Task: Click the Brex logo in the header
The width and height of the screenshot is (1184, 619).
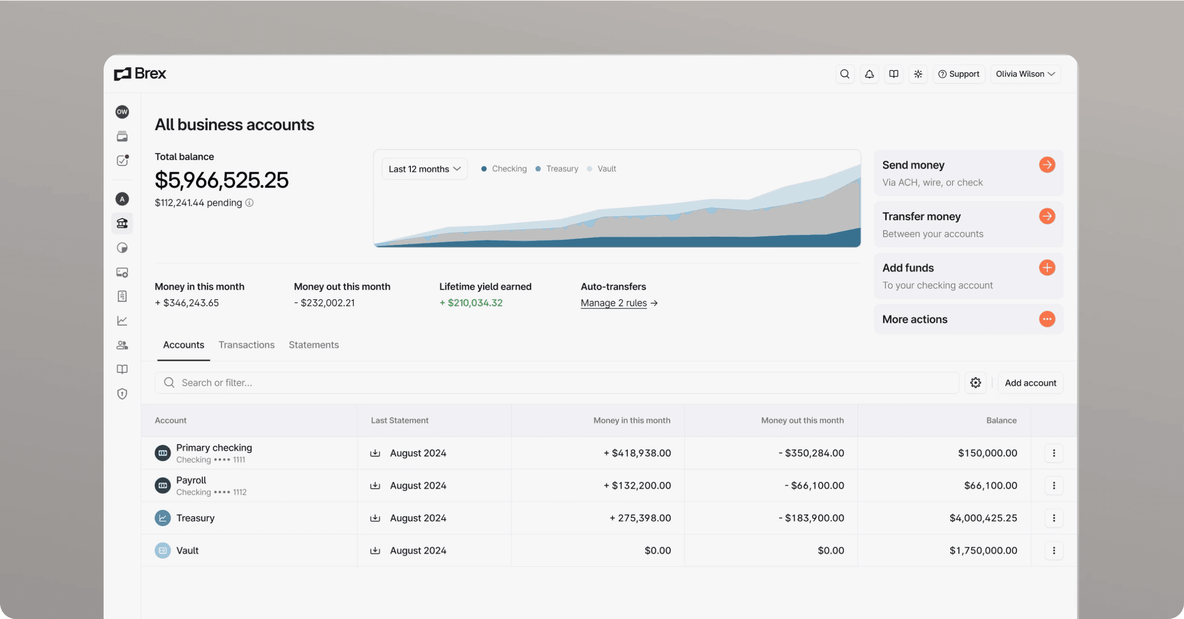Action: [140, 74]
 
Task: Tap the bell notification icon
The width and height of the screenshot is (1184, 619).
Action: [869, 74]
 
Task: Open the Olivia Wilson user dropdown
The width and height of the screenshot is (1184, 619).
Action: [1025, 74]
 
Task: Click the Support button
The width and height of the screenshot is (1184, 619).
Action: [958, 74]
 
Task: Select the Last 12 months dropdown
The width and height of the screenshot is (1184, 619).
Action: [424, 169]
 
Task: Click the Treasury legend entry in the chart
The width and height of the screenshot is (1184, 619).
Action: [557, 169]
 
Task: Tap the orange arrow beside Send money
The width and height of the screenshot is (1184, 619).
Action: [1047, 165]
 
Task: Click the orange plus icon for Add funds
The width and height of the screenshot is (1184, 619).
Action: [1047, 268]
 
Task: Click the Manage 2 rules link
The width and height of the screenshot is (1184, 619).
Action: [614, 303]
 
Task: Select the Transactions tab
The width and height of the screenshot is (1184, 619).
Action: [246, 344]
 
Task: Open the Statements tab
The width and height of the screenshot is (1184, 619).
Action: [313, 344]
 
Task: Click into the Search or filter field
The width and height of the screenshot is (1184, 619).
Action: [556, 383]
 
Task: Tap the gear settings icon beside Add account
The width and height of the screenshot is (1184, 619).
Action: [975, 383]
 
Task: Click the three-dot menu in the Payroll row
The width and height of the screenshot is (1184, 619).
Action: [1053, 486]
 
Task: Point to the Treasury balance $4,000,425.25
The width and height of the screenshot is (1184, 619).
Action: [983, 518]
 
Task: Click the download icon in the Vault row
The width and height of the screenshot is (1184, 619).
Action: [375, 550]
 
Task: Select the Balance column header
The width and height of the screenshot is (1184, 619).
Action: [1001, 420]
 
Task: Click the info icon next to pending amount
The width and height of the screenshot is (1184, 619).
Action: [249, 203]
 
